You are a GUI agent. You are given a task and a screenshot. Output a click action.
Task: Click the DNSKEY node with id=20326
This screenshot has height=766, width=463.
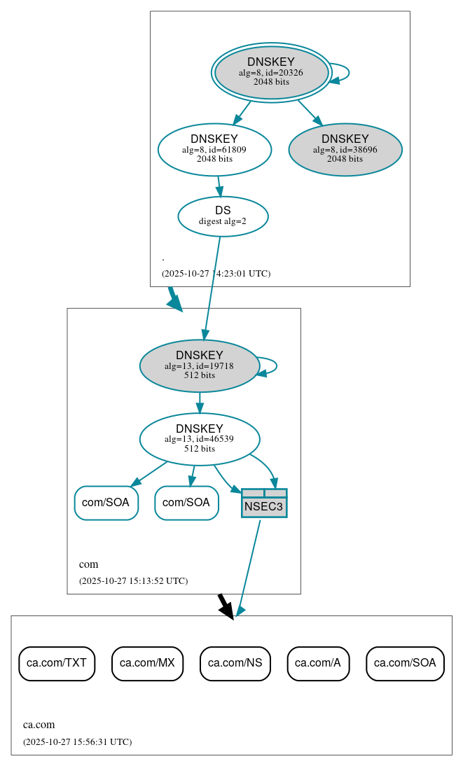point(271,73)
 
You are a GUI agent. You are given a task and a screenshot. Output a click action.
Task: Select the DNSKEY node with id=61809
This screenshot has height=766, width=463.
point(214,149)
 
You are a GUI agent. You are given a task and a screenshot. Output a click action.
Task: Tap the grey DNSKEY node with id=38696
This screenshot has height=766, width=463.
point(345,149)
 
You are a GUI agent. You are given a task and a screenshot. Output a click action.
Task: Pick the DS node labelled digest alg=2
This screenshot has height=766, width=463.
point(223,216)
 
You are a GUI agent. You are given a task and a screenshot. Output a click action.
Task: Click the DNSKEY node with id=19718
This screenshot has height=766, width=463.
point(200,365)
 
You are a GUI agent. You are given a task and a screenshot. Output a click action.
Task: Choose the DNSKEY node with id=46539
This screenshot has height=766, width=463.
point(200,439)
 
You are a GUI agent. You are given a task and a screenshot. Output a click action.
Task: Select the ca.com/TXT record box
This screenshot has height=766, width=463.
point(57,663)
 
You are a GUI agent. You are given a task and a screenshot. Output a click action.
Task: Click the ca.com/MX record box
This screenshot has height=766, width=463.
point(147,663)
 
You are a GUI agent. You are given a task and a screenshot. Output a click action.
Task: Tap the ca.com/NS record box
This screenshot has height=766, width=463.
point(235,663)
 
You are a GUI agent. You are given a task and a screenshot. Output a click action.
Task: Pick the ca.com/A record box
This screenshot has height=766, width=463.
point(317,663)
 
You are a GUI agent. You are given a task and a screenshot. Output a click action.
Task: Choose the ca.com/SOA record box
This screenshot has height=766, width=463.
point(405,663)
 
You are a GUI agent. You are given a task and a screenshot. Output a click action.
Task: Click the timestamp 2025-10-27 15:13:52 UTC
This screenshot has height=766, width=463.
point(133,581)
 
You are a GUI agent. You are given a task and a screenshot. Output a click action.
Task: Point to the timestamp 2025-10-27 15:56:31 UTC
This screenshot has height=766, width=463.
point(77,741)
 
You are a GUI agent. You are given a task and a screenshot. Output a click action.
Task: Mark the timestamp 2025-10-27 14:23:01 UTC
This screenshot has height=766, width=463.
point(216,274)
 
